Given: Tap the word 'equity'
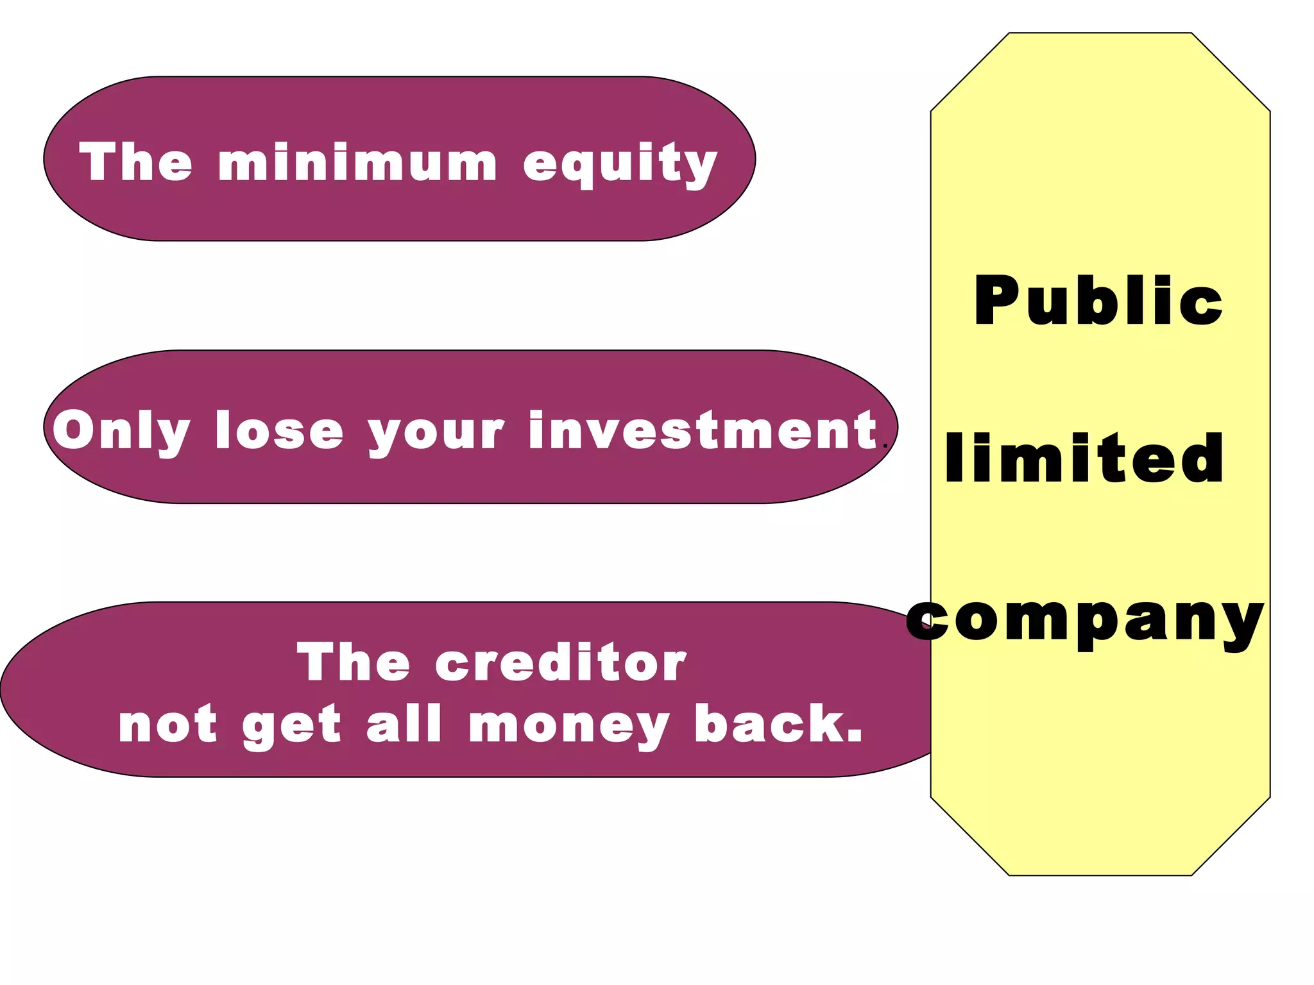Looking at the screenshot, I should [x=620, y=165].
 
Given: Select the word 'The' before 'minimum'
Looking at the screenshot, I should [x=135, y=162].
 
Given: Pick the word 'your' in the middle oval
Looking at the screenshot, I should [x=436, y=433].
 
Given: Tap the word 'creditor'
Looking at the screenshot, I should [x=560, y=662].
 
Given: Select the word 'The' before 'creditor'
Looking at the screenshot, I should [x=354, y=662].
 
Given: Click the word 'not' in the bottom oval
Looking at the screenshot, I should [x=168, y=725].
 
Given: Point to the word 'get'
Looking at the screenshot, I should [x=291, y=727].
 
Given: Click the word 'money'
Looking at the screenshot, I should [x=569, y=726].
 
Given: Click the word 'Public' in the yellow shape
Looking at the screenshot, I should [x=1098, y=301].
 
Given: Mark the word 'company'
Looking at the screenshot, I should [x=1084, y=621].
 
